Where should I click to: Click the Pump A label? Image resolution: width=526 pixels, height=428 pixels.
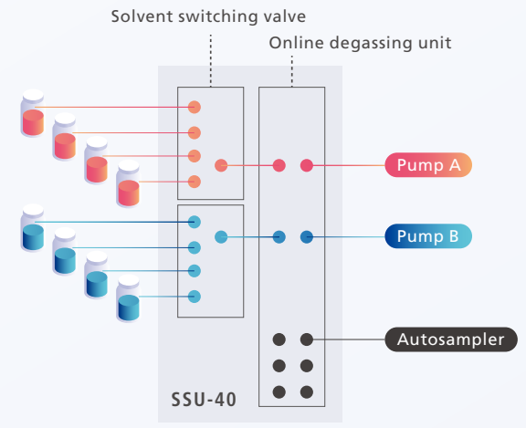(x=428, y=165)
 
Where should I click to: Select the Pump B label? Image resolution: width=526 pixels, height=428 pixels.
(x=428, y=236)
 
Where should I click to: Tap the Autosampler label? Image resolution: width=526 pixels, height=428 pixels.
(x=451, y=339)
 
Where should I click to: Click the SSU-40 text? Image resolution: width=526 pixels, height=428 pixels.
(x=204, y=400)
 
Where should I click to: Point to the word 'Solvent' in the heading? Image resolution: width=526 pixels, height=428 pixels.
(x=142, y=16)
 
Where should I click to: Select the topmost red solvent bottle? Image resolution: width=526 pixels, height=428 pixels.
(x=33, y=113)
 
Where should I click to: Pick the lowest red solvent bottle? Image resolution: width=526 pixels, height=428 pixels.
(x=129, y=183)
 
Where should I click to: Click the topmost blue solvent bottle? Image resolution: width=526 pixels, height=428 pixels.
(x=33, y=227)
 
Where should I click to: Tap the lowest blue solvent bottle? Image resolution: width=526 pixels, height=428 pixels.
(x=129, y=298)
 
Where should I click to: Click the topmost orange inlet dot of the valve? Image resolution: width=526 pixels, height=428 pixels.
(x=195, y=108)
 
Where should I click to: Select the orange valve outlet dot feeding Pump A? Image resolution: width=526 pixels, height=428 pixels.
(x=221, y=165)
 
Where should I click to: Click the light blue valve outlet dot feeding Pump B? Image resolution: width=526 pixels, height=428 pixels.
(x=221, y=237)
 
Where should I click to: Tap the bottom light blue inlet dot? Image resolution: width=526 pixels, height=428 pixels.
(x=195, y=297)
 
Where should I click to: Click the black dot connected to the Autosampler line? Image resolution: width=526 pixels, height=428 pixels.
(x=307, y=339)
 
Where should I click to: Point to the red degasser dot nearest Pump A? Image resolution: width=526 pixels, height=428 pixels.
(x=307, y=165)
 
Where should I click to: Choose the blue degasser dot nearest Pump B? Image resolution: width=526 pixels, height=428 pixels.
(x=307, y=237)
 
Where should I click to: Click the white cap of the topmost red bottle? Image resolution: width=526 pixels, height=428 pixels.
(x=33, y=96)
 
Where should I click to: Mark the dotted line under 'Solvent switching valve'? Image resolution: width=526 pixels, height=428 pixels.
(x=211, y=60)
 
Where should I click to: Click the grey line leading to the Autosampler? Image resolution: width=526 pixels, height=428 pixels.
(x=349, y=339)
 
